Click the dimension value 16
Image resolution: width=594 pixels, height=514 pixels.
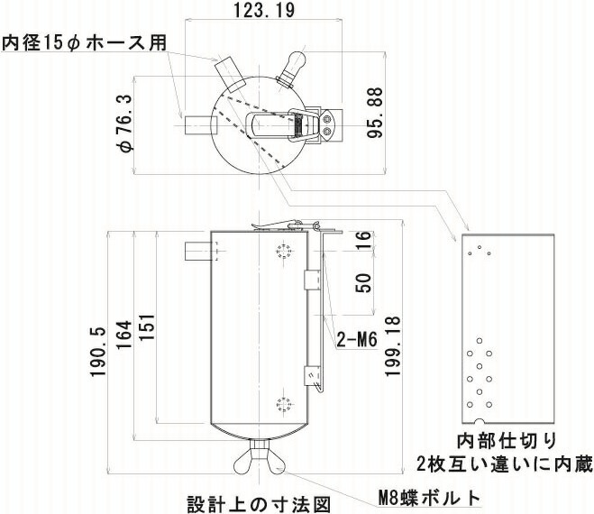point(362,240)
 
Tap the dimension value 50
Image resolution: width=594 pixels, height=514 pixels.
point(362,283)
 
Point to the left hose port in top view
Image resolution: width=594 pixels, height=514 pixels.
point(195,125)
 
